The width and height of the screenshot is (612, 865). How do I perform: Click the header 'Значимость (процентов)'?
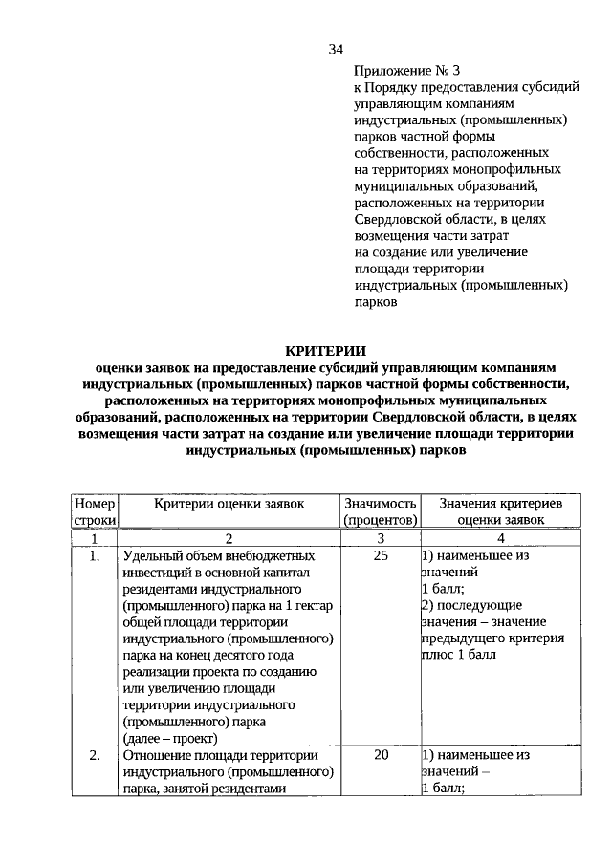pyautogui.click(x=380, y=511)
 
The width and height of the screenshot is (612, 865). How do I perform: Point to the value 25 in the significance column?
pyautogui.click(x=380, y=556)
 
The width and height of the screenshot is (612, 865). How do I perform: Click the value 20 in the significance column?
pyautogui.click(x=380, y=755)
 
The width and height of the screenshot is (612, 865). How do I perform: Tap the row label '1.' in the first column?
pyautogui.click(x=94, y=556)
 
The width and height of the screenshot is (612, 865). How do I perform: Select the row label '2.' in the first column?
pyautogui.click(x=94, y=755)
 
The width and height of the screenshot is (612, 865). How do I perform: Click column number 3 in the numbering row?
pyautogui.click(x=380, y=538)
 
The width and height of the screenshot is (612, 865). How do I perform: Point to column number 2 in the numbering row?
pyautogui.click(x=228, y=538)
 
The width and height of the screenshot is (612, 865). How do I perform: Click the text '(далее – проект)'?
pyautogui.click(x=170, y=738)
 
